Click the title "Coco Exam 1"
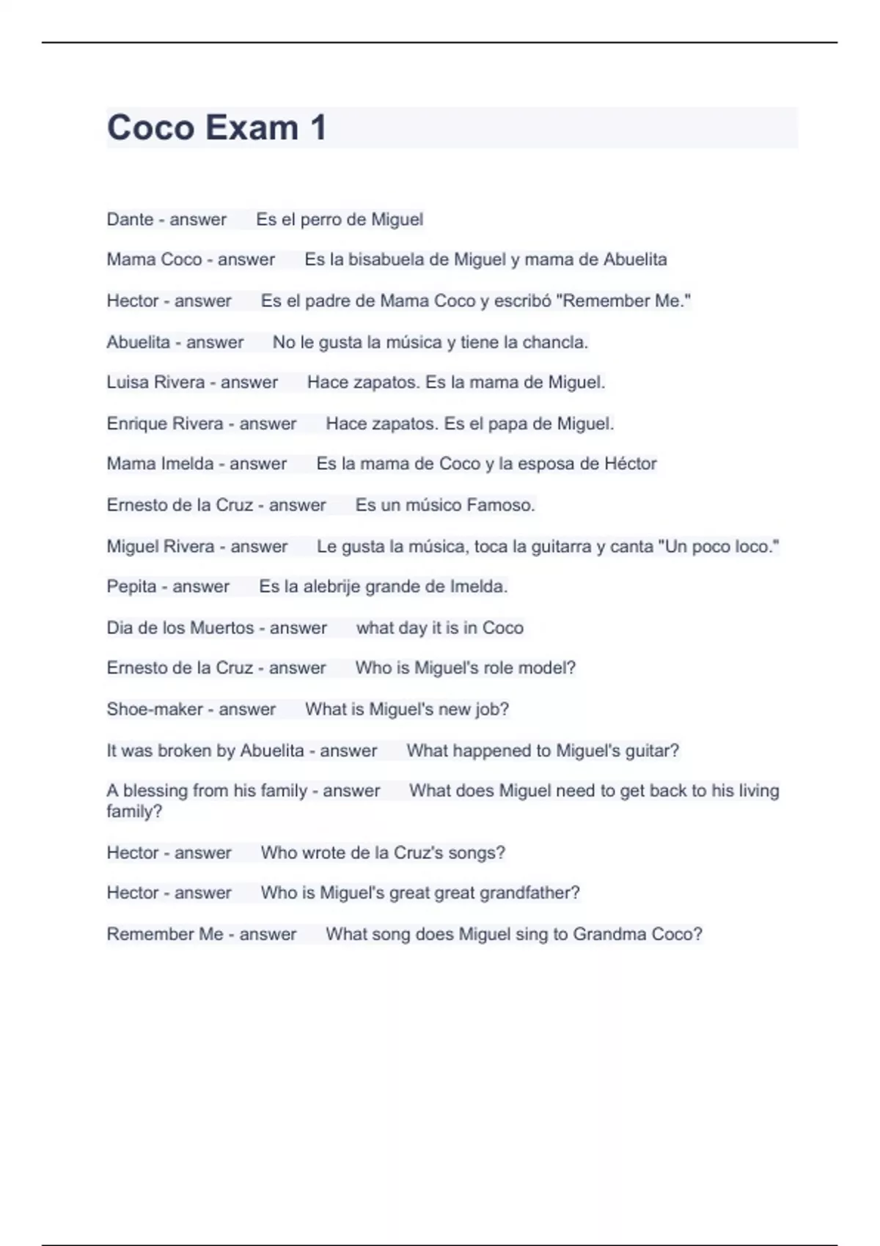(216, 128)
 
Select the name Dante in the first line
(130, 219)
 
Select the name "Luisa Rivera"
(155, 383)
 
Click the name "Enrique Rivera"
(164, 424)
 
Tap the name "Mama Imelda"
(160, 464)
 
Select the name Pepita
(131, 587)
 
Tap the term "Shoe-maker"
(154, 709)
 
